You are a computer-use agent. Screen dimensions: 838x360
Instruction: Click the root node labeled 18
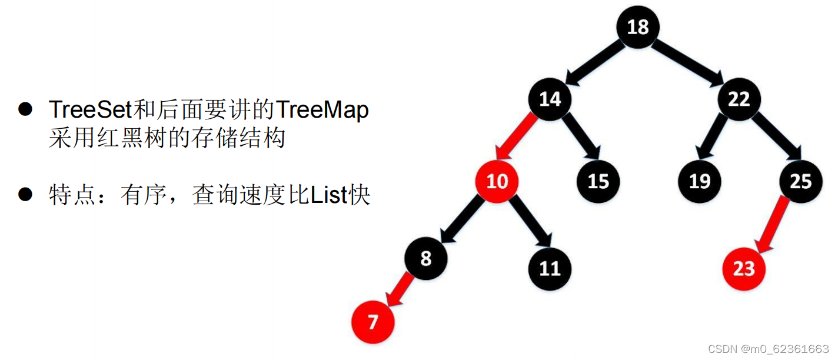[638, 27]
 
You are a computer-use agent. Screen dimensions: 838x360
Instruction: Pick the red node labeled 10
[497, 181]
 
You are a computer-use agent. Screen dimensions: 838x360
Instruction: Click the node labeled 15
[597, 181]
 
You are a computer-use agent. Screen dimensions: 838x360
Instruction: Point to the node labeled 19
[699, 181]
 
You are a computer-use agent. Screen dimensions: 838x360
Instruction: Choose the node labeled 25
[800, 181]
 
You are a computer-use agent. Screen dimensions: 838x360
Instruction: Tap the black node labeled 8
[426, 258]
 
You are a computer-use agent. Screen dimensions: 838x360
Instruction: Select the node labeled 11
[550, 268]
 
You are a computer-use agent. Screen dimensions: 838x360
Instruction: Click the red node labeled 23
[744, 268]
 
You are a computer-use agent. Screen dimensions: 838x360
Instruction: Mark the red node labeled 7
[373, 322]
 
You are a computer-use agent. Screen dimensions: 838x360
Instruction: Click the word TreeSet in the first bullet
[91, 110]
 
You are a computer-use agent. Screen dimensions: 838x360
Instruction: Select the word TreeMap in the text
[322, 110]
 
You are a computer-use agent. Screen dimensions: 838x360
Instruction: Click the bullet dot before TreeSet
[25, 110]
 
